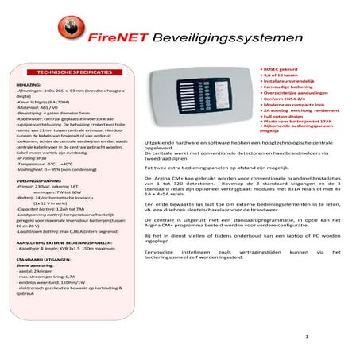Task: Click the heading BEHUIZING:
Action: click(x=28, y=83)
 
